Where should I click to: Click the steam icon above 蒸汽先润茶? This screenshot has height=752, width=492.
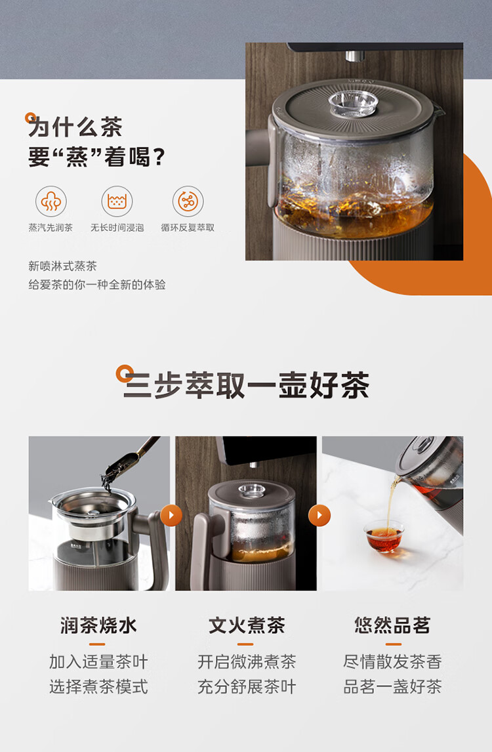tap(51, 201)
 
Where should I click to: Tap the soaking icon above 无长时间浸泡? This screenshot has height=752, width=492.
tap(117, 201)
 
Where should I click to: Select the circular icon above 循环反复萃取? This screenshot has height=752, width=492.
tap(188, 201)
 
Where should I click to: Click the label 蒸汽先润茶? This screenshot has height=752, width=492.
tap(51, 227)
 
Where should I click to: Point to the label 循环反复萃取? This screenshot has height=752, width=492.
tap(188, 227)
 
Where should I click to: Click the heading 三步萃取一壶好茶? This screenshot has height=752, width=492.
tap(247, 385)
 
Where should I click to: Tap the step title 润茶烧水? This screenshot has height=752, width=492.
tap(98, 625)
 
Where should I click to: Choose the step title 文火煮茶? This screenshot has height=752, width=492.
tap(247, 625)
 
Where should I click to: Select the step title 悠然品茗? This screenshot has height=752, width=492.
tap(392, 625)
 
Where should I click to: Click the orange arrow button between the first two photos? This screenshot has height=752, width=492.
tap(171, 516)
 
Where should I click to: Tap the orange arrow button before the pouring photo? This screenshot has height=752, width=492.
tap(319, 516)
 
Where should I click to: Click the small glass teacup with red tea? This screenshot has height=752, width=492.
tap(384, 537)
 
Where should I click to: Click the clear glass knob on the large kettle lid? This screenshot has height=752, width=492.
tap(354, 103)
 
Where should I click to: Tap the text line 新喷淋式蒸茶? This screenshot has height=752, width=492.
tap(62, 266)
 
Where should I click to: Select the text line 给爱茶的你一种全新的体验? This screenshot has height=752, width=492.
tap(97, 285)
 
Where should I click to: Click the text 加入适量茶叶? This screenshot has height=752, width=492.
tap(98, 662)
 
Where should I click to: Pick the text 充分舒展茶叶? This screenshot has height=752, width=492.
tap(247, 687)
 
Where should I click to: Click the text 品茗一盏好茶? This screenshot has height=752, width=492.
tap(392, 687)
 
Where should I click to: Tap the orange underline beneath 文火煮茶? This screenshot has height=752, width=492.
tap(247, 644)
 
